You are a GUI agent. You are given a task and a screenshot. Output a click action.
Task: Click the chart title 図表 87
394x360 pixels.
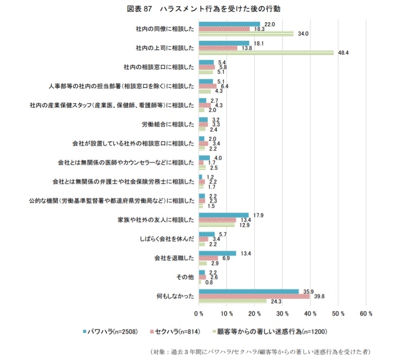click(x=198, y=9)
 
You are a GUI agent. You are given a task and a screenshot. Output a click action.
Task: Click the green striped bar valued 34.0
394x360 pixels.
click(x=246, y=34)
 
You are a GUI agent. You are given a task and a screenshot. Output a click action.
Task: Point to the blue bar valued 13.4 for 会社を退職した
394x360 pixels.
click(x=217, y=253)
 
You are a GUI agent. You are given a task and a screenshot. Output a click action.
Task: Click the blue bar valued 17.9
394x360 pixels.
click(x=223, y=215)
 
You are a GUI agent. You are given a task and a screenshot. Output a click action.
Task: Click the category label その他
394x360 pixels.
click(x=185, y=277)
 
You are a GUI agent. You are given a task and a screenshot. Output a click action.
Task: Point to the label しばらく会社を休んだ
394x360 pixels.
click(x=166, y=239)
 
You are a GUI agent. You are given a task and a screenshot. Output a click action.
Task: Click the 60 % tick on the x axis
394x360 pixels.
click(x=366, y=313)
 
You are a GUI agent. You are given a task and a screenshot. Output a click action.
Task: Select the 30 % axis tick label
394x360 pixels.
click(x=282, y=313)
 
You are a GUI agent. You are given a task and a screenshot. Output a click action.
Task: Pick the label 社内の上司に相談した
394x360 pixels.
click(x=165, y=48)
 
